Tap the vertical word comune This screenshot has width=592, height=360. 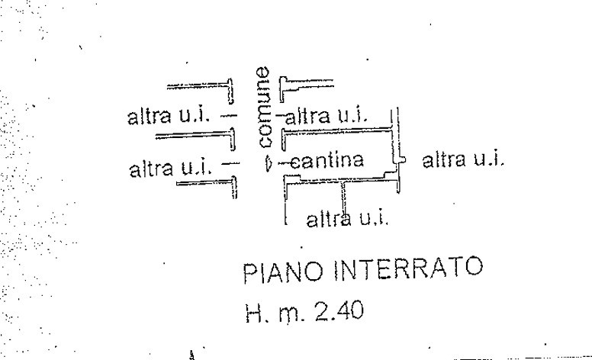point(262,108)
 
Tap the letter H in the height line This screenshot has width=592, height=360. point(254,313)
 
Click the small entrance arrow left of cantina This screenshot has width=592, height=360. point(268,162)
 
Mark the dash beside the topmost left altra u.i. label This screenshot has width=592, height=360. point(230,117)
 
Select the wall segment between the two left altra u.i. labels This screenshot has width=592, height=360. point(195,137)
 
